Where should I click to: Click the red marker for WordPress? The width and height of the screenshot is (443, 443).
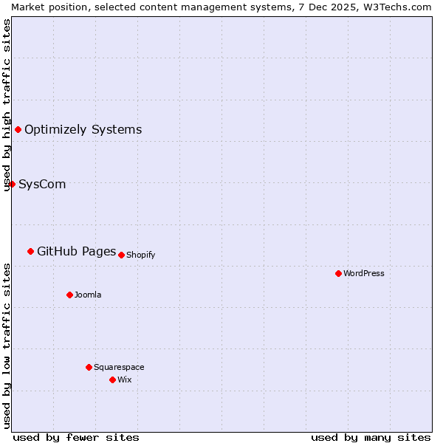(x=338, y=273)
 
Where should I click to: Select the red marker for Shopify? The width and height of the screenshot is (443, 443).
(x=122, y=255)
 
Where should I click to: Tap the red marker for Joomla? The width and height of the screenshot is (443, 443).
(x=69, y=295)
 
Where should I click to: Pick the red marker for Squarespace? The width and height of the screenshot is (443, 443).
(x=89, y=367)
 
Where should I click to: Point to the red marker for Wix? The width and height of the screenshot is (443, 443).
(x=112, y=380)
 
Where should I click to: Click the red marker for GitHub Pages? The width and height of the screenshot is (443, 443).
(x=30, y=251)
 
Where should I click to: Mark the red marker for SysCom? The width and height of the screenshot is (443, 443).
(x=12, y=184)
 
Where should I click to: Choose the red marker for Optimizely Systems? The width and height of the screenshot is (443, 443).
(x=18, y=129)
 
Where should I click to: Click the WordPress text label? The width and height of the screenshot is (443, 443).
(x=364, y=273)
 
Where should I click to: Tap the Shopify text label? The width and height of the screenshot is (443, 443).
(x=140, y=255)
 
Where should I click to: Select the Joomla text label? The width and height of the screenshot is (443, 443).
(x=88, y=295)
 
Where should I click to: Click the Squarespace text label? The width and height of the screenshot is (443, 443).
(x=119, y=367)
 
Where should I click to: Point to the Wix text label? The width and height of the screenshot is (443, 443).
(x=125, y=380)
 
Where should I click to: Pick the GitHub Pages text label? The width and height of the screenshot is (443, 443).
(x=77, y=251)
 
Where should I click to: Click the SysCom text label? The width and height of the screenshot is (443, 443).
(x=42, y=184)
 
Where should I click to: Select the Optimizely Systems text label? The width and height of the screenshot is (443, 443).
(x=83, y=129)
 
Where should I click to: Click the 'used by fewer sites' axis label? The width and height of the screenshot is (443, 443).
(x=76, y=437)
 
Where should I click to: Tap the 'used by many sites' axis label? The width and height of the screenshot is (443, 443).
(x=371, y=437)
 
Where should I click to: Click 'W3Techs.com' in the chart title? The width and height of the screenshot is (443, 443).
(x=402, y=6)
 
